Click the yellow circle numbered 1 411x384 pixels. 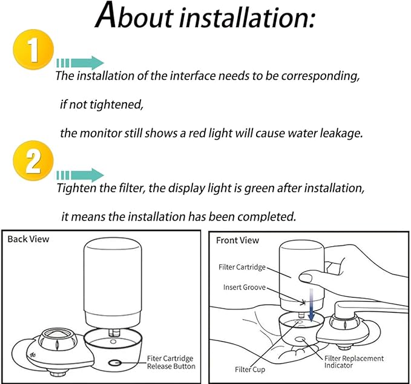[x=33, y=49]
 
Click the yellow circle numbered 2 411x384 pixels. [x=33, y=160]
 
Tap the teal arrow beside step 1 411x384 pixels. [x=81, y=63]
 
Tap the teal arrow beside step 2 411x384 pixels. [x=81, y=175]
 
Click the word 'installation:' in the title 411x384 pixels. [x=246, y=18]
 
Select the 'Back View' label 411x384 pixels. [x=28, y=239]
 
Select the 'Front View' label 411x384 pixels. [x=237, y=240]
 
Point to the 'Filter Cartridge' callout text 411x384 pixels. [x=242, y=267]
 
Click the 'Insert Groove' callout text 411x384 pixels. [x=245, y=287]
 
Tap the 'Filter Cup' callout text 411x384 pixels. [x=250, y=369]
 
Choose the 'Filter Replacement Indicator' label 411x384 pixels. [x=354, y=362]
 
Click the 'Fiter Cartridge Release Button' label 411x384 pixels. [x=171, y=362]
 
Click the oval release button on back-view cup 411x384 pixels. [x=115, y=363]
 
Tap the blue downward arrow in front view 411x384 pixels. [x=311, y=305]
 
